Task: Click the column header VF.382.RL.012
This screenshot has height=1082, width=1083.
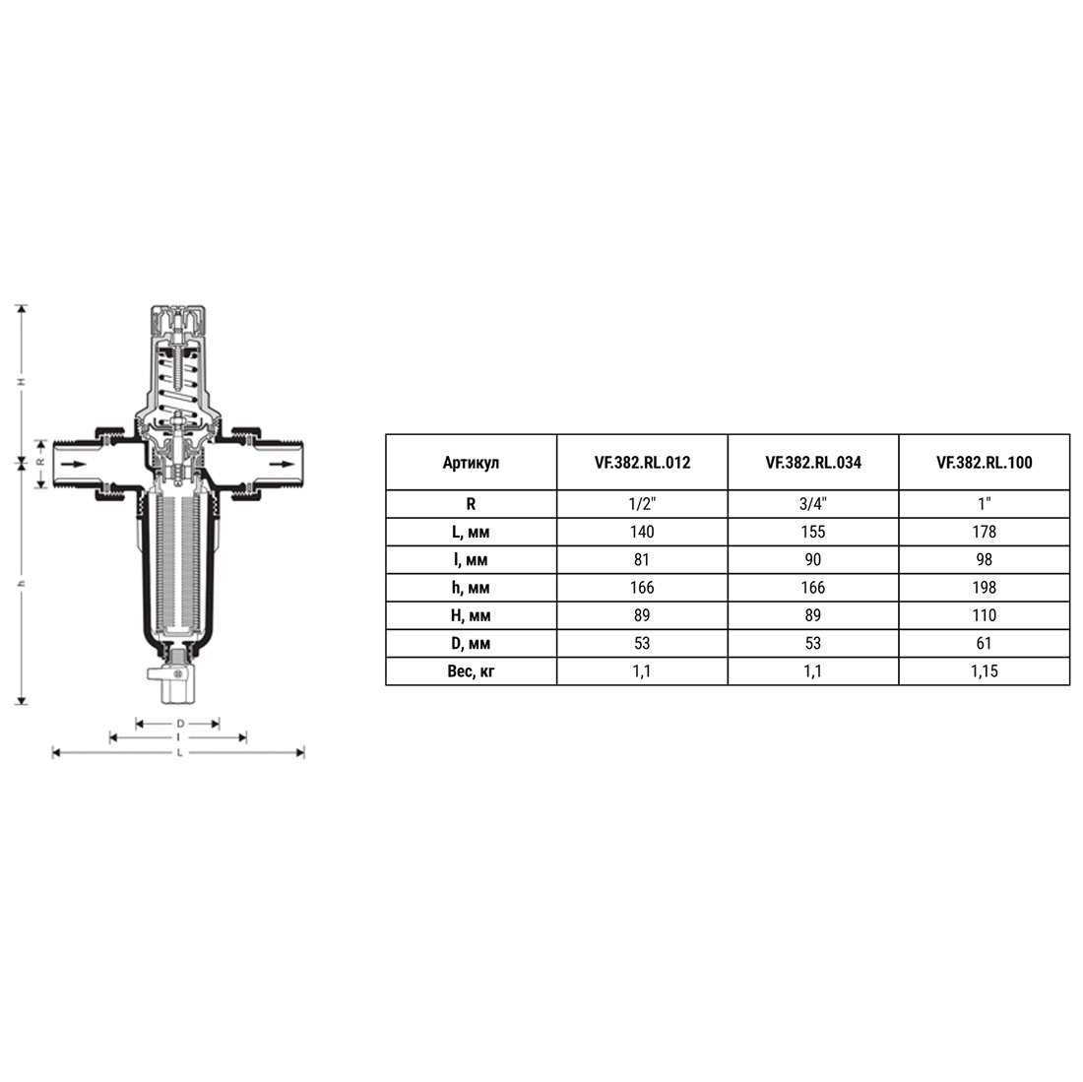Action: [642, 463]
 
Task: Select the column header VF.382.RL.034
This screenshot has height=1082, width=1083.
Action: [813, 463]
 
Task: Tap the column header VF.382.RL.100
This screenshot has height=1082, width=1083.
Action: [985, 463]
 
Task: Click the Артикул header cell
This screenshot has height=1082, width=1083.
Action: [471, 463]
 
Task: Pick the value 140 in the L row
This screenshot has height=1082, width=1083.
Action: [642, 532]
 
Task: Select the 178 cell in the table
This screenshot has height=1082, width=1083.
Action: [985, 532]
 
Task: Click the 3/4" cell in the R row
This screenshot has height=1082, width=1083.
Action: [813, 504]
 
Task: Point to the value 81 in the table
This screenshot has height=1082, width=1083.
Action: [642, 560]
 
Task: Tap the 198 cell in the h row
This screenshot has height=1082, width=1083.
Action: [985, 588]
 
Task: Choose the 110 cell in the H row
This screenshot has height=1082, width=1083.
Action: [985, 615]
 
